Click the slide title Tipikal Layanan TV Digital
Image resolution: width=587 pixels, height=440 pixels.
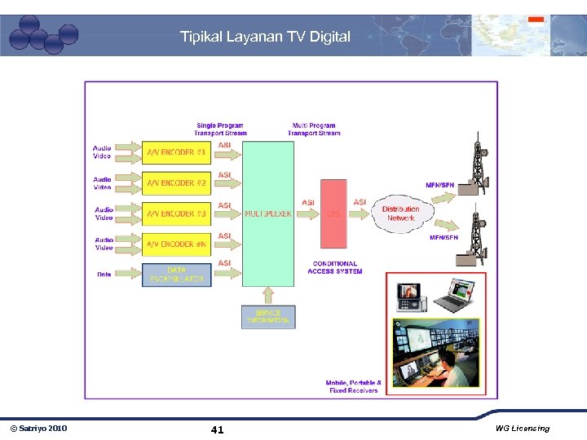tap(265, 37)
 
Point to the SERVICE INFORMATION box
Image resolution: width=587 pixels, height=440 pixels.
tap(268, 317)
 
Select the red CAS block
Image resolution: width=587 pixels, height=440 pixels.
tap(333, 214)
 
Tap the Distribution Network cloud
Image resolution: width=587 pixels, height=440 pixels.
tap(400, 213)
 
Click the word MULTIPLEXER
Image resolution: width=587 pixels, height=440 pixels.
tap(268, 214)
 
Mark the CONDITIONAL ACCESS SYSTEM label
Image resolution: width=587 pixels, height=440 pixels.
tap(334, 267)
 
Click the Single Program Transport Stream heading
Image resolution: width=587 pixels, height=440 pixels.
tap(220, 130)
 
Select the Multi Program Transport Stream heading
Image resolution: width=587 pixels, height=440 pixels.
tap(314, 130)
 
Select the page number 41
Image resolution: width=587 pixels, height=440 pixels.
tap(217, 429)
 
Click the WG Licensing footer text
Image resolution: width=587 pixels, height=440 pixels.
tap(522, 429)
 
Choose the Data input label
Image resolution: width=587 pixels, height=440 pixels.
tap(104, 275)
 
